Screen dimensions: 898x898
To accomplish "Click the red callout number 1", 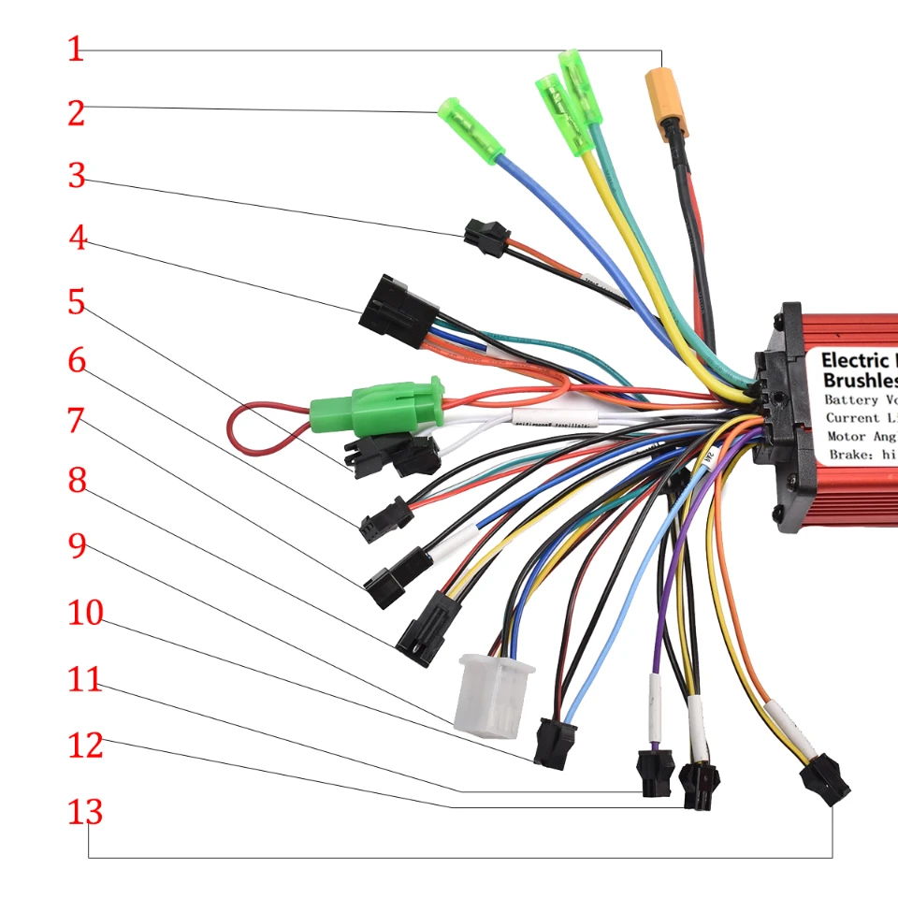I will pos(76,50).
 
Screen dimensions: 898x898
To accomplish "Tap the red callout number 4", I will pos(77,239).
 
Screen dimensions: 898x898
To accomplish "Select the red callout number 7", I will pos(76,420).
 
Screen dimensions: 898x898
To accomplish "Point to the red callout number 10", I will pos(85,614).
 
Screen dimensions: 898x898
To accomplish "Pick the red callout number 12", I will pos(85,746).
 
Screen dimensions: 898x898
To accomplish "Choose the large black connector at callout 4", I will pos(398,311).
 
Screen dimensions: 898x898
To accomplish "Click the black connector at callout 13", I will pos(826,779).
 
